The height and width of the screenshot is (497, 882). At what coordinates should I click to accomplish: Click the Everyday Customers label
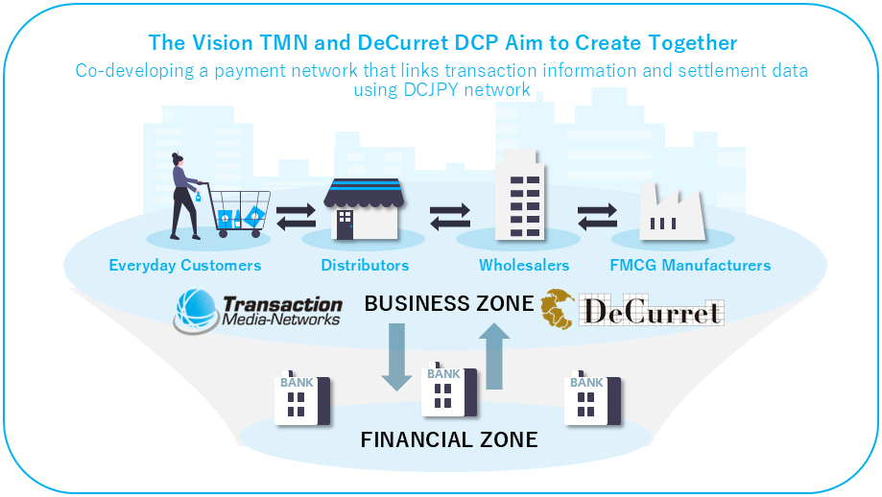(x=184, y=265)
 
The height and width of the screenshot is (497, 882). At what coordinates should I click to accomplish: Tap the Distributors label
(x=365, y=265)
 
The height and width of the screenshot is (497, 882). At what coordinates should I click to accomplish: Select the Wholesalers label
(x=524, y=265)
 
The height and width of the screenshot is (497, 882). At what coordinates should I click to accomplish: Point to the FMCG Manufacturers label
(x=690, y=265)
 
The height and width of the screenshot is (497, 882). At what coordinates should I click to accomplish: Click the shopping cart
(x=237, y=213)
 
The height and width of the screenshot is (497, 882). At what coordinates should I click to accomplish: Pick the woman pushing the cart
(x=183, y=197)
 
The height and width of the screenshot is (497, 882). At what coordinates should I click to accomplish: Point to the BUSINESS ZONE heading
(x=448, y=304)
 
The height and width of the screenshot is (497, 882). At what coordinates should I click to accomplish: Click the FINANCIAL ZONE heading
(x=448, y=440)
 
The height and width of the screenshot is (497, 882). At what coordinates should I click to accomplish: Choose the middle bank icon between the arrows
(x=447, y=392)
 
